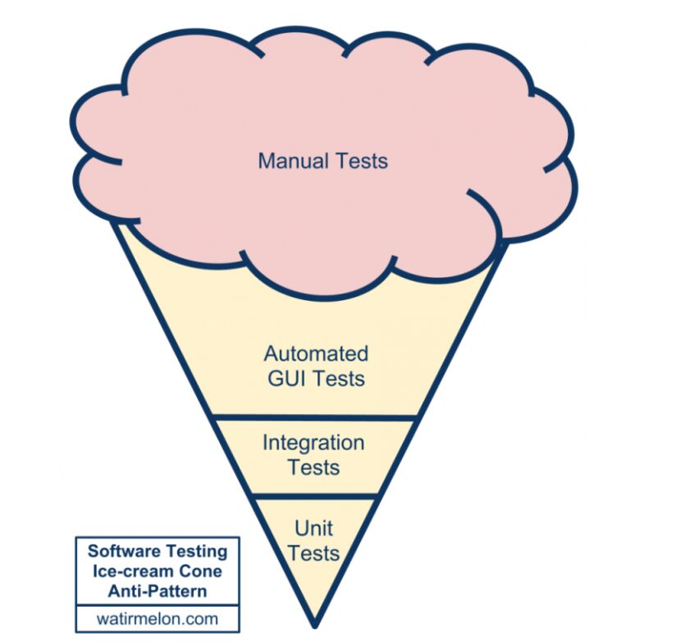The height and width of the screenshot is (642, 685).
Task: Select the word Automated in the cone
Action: (316, 354)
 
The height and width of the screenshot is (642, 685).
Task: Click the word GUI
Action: (287, 379)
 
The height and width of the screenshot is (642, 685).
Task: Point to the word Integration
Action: (313, 443)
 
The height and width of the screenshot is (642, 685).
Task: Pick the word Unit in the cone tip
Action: (313, 527)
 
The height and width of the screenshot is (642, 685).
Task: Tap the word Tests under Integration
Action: (313, 467)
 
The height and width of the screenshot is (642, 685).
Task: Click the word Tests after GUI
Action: (338, 379)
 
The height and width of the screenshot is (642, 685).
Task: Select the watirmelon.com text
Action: (156, 617)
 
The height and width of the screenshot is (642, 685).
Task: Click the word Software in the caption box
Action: (121, 551)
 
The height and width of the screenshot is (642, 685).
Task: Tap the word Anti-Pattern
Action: (156, 590)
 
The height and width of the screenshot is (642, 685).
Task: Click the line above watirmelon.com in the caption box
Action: (156, 604)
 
